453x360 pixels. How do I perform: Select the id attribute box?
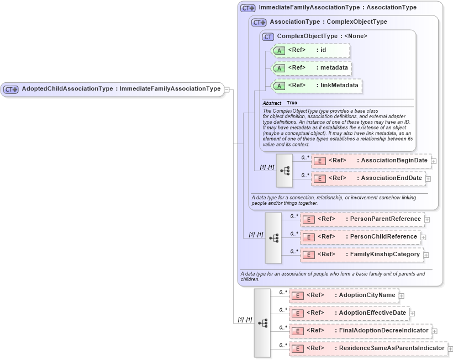[312, 50]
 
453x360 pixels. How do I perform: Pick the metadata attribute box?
[313, 68]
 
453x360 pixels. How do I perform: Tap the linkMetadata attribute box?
[318, 86]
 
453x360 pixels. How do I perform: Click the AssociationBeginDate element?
[371, 161]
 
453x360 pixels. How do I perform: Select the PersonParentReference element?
[362, 219]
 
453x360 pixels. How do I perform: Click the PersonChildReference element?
[360, 237]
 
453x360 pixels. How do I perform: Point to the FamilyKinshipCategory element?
[362, 255]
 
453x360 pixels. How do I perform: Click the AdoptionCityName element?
[344, 295]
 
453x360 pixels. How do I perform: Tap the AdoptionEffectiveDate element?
[349, 313]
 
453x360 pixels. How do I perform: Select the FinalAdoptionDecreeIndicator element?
[360, 331]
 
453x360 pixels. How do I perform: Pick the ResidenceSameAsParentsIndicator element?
[368, 348]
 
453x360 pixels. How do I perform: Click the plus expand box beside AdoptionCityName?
[402, 296]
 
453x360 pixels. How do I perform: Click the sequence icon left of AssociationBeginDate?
[285, 170]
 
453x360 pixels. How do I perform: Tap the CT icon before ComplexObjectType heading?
[268, 36]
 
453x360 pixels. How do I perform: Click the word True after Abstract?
[292, 103]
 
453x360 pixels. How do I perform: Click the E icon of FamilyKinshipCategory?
[309, 255]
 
